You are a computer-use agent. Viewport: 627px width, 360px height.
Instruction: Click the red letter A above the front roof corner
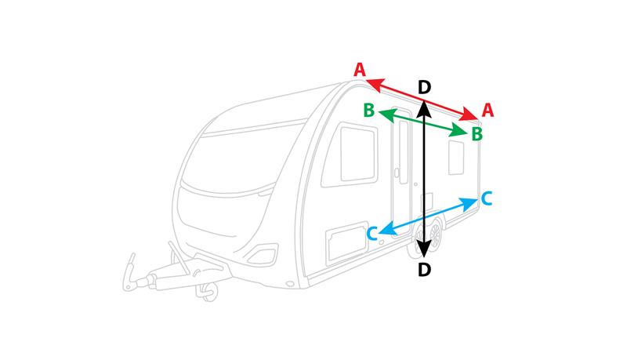[360, 70]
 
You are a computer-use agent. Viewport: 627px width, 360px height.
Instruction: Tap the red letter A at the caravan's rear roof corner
[487, 110]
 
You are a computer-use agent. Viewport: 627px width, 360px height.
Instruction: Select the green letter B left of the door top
[368, 110]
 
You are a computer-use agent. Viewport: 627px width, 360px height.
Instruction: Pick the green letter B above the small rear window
[477, 134]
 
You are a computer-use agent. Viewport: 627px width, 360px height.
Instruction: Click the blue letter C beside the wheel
[372, 234]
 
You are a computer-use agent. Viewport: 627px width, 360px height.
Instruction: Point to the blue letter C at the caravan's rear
[486, 198]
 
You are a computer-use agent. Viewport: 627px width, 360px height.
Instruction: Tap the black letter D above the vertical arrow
[424, 87]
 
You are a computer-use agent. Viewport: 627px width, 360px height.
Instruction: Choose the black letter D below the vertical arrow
[424, 270]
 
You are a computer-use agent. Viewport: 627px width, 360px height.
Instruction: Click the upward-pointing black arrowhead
[424, 109]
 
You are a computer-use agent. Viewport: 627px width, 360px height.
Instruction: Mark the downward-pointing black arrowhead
[424, 249]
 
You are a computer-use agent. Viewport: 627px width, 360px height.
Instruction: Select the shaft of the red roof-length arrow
[422, 100]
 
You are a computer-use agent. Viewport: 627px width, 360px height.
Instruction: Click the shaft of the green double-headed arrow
[422, 123]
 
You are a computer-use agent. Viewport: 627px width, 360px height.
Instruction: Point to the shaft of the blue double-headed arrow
[428, 216]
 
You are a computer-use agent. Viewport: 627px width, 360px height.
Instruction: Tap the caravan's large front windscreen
[244, 158]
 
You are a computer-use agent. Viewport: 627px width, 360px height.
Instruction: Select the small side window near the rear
[456, 158]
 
